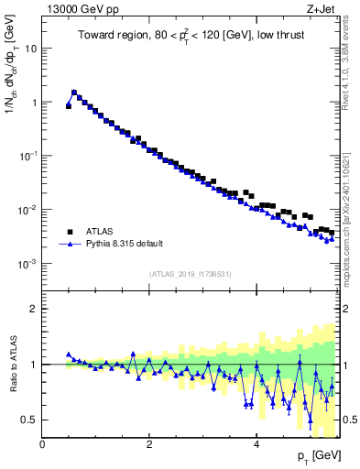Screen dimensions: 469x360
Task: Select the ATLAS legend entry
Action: [x=102, y=232]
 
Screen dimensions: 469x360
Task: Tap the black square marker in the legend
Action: [x=69, y=232]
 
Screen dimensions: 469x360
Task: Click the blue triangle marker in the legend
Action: [x=69, y=245]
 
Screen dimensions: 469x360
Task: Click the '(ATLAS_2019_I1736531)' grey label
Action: [x=191, y=274]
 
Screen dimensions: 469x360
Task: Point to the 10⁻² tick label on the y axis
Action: [x=28, y=210]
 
